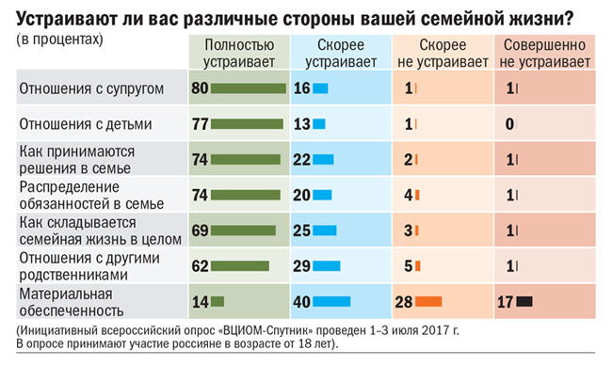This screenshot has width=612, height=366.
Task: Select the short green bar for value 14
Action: [217, 301]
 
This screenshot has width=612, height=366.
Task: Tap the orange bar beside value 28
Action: [428, 301]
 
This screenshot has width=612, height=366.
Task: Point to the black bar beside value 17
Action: [524, 301]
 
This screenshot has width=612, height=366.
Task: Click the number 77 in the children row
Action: [200, 124]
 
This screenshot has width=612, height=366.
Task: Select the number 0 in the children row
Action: [508, 124]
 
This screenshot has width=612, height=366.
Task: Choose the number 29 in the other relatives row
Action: [302, 266]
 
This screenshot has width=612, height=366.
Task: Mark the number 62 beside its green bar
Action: [200, 266]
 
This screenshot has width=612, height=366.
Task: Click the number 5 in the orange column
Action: [408, 266]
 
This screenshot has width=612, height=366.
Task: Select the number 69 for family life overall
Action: [200, 231]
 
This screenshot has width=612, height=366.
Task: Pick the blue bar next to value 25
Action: [326, 231]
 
